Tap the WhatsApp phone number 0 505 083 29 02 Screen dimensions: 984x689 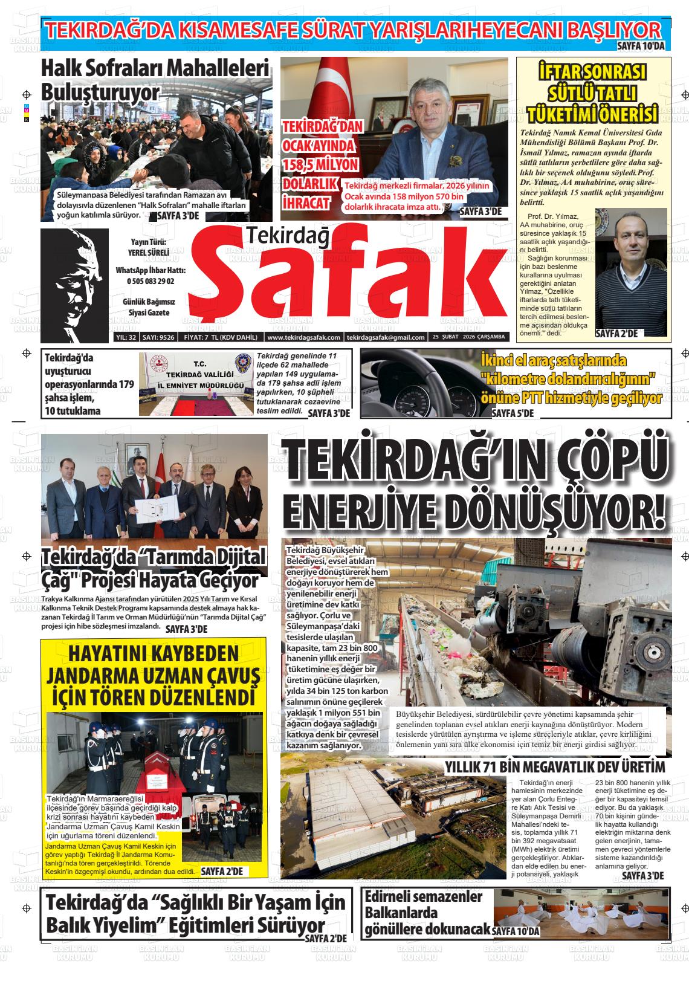click(x=150, y=282)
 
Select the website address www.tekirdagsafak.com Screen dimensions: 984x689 click(x=303, y=337)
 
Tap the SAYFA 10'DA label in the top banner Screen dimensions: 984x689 click(x=641, y=46)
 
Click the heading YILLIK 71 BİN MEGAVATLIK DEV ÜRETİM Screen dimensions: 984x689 click(x=555, y=768)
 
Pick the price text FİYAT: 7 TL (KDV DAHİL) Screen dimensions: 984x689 click(x=220, y=337)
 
